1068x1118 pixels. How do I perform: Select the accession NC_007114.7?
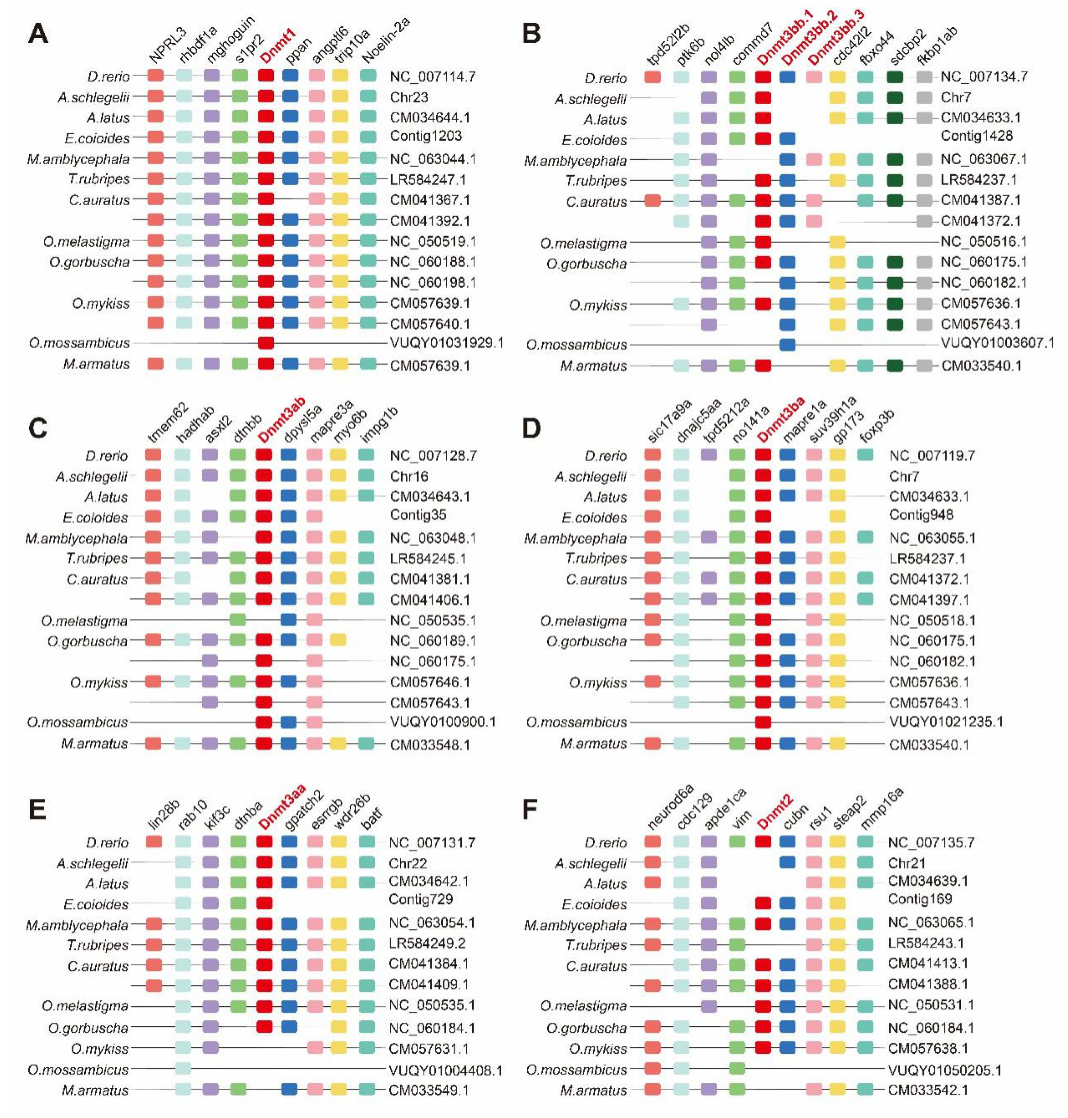(x=433, y=76)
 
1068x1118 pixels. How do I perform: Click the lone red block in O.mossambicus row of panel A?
(x=266, y=343)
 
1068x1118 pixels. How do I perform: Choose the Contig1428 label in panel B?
(x=976, y=136)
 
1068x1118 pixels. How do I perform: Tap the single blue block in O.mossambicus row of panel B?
(x=787, y=344)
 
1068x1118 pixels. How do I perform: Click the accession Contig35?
(x=418, y=515)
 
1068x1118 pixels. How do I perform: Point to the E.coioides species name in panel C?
(x=95, y=517)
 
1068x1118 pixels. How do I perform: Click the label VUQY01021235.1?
(x=946, y=722)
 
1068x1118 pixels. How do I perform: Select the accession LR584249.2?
(x=427, y=943)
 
